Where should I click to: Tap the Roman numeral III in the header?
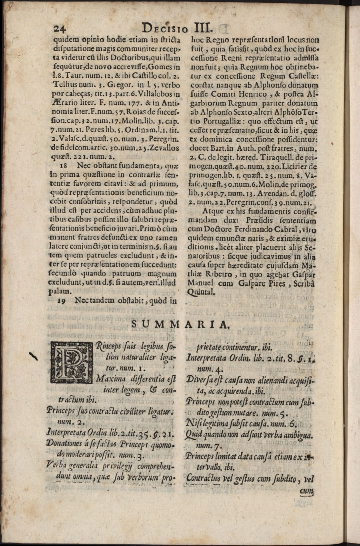tap(204, 28)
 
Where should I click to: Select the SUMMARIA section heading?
tap(182, 324)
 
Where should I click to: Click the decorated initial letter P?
tap(70, 360)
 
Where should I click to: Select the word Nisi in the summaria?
tap(194, 423)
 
